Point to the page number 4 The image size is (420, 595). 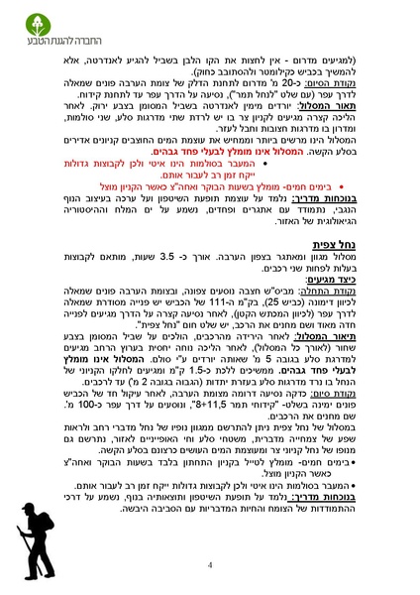210,565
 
